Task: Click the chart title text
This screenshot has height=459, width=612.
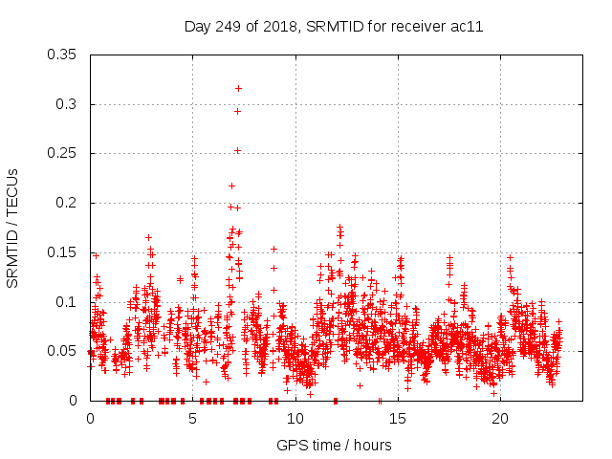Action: click(x=333, y=26)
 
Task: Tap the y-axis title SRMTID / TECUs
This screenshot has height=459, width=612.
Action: click(x=12, y=228)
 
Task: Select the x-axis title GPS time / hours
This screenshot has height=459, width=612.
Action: click(x=334, y=445)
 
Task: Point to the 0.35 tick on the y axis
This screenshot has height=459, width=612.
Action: click(x=63, y=55)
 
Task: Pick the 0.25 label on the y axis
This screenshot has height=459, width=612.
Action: click(x=63, y=153)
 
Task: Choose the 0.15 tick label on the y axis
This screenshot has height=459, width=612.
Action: click(x=63, y=252)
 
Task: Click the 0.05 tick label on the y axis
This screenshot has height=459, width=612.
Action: click(x=63, y=351)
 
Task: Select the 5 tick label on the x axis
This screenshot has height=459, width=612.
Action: click(x=193, y=419)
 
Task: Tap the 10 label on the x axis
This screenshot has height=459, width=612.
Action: click(x=295, y=419)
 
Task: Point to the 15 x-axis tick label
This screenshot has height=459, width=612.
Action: click(x=398, y=419)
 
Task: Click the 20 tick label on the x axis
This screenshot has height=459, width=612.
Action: click(x=500, y=419)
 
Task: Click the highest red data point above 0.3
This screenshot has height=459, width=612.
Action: click(x=238, y=88)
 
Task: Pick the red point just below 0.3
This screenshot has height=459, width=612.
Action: click(x=237, y=111)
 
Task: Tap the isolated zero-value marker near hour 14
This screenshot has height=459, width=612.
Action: click(x=380, y=401)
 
